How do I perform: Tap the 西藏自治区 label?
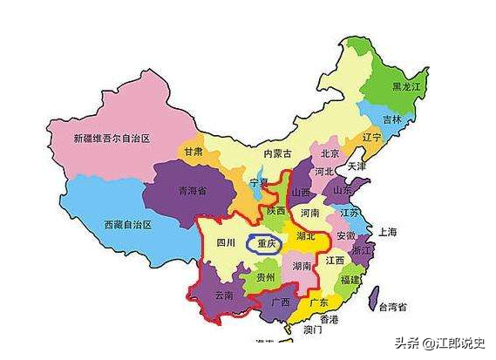[127, 224]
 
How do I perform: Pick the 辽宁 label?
[372, 138]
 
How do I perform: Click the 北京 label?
[330, 153]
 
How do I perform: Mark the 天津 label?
[357, 166]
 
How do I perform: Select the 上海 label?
[388, 232]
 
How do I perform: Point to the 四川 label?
[226, 243]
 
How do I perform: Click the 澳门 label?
[314, 331]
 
